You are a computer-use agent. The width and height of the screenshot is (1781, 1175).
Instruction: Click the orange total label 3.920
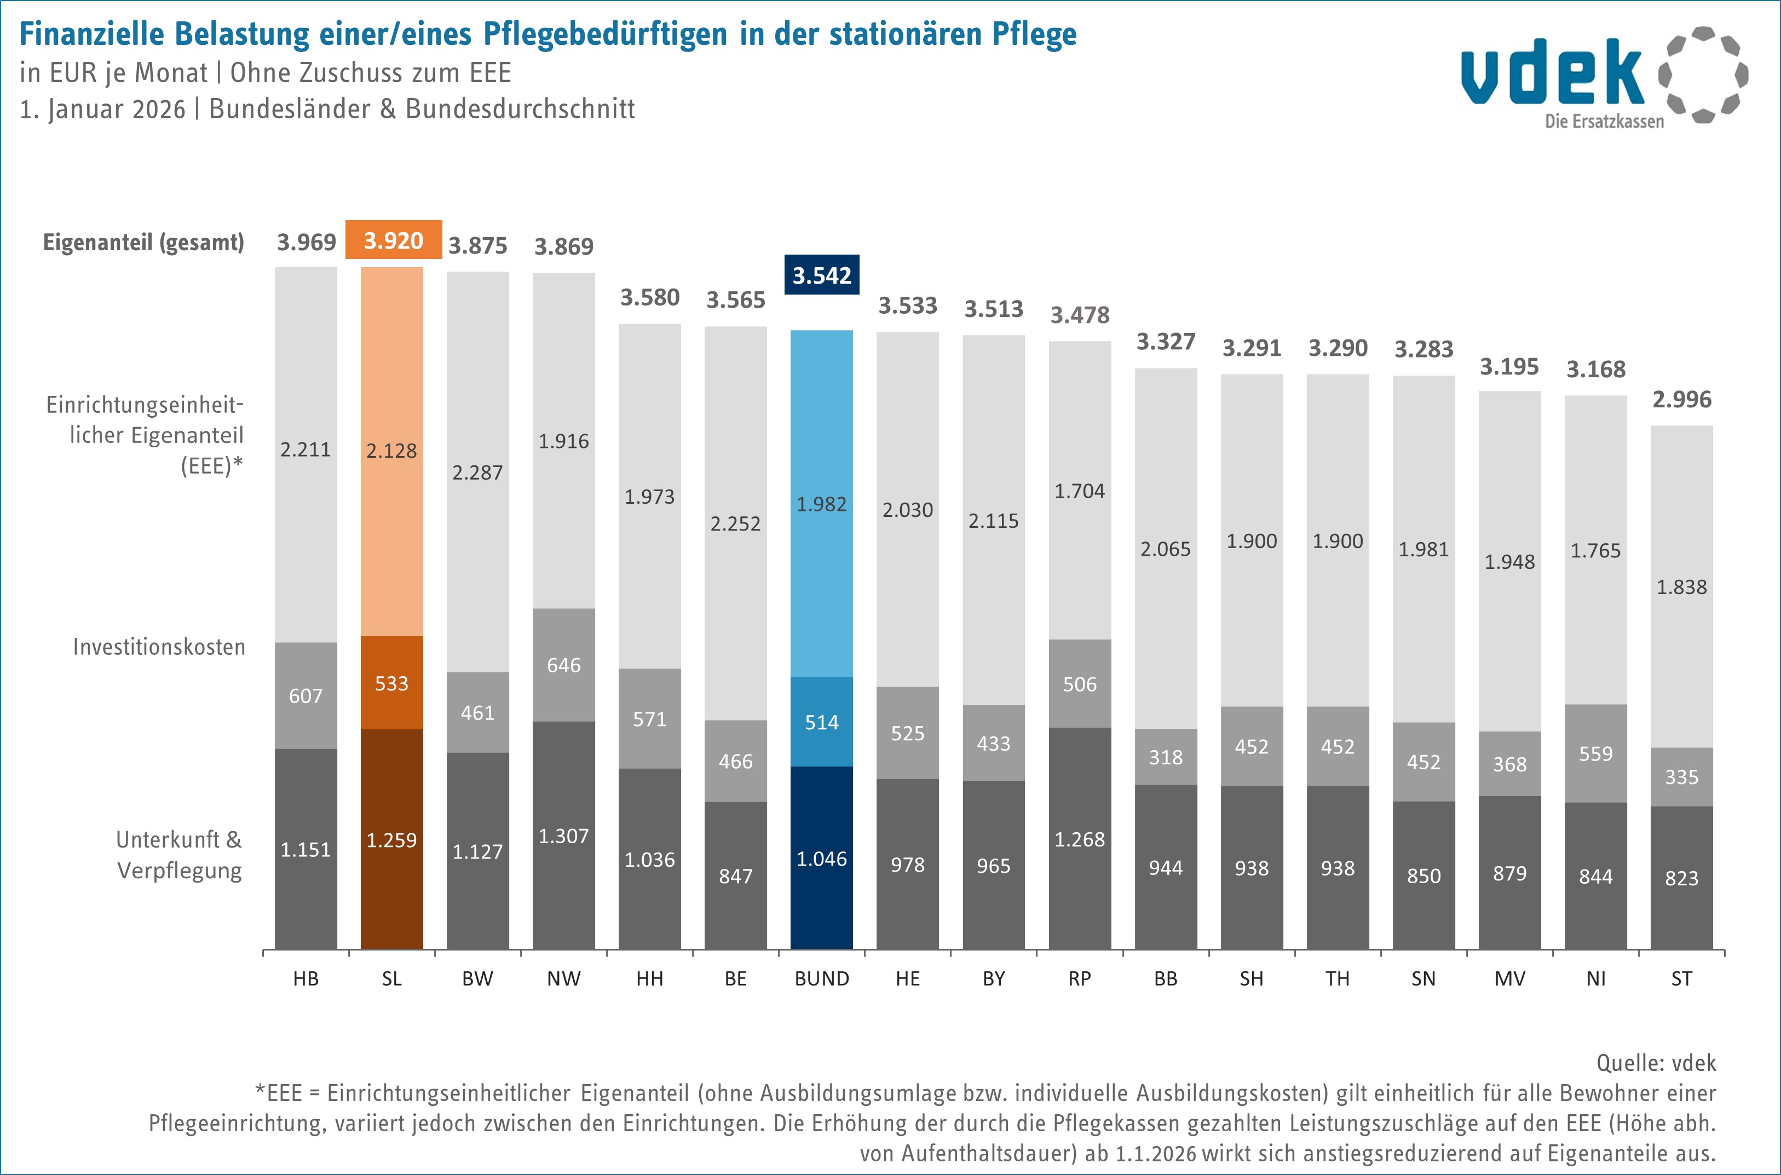[x=393, y=240]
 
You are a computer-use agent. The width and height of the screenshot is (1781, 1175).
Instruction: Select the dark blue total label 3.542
[x=822, y=275]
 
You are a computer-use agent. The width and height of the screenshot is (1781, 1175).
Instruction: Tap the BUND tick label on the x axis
[x=822, y=978]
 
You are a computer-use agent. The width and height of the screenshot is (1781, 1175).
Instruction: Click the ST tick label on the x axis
[x=1681, y=978]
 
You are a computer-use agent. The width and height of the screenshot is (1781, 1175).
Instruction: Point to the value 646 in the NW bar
[x=563, y=665]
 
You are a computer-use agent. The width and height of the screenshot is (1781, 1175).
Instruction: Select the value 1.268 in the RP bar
[x=1080, y=839]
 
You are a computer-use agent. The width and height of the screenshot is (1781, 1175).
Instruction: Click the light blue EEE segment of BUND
[x=822, y=504]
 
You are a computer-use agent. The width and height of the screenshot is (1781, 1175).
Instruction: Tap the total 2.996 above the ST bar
[x=1682, y=399]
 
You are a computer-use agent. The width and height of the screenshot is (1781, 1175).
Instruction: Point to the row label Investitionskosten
[x=159, y=647]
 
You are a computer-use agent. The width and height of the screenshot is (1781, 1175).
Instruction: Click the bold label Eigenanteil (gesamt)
[x=143, y=242]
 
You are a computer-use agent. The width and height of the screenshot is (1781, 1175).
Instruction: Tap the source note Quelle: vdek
[x=1656, y=1063]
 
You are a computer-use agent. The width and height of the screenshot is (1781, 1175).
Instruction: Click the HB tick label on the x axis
[x=306, y=978]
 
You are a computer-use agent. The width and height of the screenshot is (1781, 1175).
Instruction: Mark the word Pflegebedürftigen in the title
[x=606, y=34]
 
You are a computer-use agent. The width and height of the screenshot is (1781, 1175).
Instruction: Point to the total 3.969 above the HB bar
[x=307, y=242]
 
